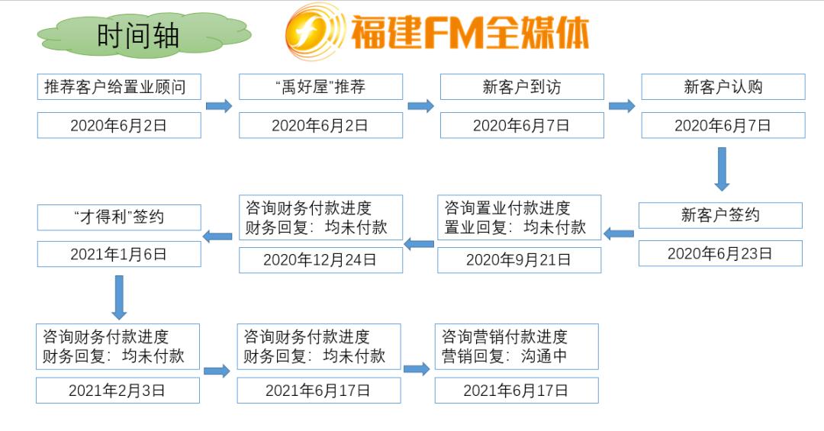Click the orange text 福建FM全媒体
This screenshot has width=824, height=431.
click(x=469, y=33)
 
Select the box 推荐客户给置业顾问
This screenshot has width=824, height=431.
click(x=119, y=87)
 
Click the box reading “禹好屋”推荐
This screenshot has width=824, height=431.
click(x=320, y=87)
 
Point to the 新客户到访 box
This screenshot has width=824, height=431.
click(x=522, y=87)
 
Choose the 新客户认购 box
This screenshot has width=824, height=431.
click(x=723, y=87)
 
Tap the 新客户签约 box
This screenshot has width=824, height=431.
click(x=720, y=215)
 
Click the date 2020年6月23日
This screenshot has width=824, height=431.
click(x=720, y=253)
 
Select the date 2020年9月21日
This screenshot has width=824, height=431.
click(x=519, y=260)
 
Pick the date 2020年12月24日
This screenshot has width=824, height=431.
click(x=320, y=260)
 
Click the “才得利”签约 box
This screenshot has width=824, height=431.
click(x=119, y=217)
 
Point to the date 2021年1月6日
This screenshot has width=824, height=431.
click(x=119, y=255)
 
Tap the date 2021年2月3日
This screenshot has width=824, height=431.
click(x=117, y=391)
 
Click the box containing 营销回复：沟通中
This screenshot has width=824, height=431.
click(x=517, y=346)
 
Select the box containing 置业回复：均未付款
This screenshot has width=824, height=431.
click(x=519, y=217)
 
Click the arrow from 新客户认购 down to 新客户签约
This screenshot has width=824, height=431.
click(x=722, y=169)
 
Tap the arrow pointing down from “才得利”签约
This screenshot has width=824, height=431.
click(x=118, y=297)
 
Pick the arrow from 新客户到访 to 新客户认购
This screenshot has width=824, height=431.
click(x=622, y=106)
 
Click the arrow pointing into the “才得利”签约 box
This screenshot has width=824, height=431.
click(x=218, y=236)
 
